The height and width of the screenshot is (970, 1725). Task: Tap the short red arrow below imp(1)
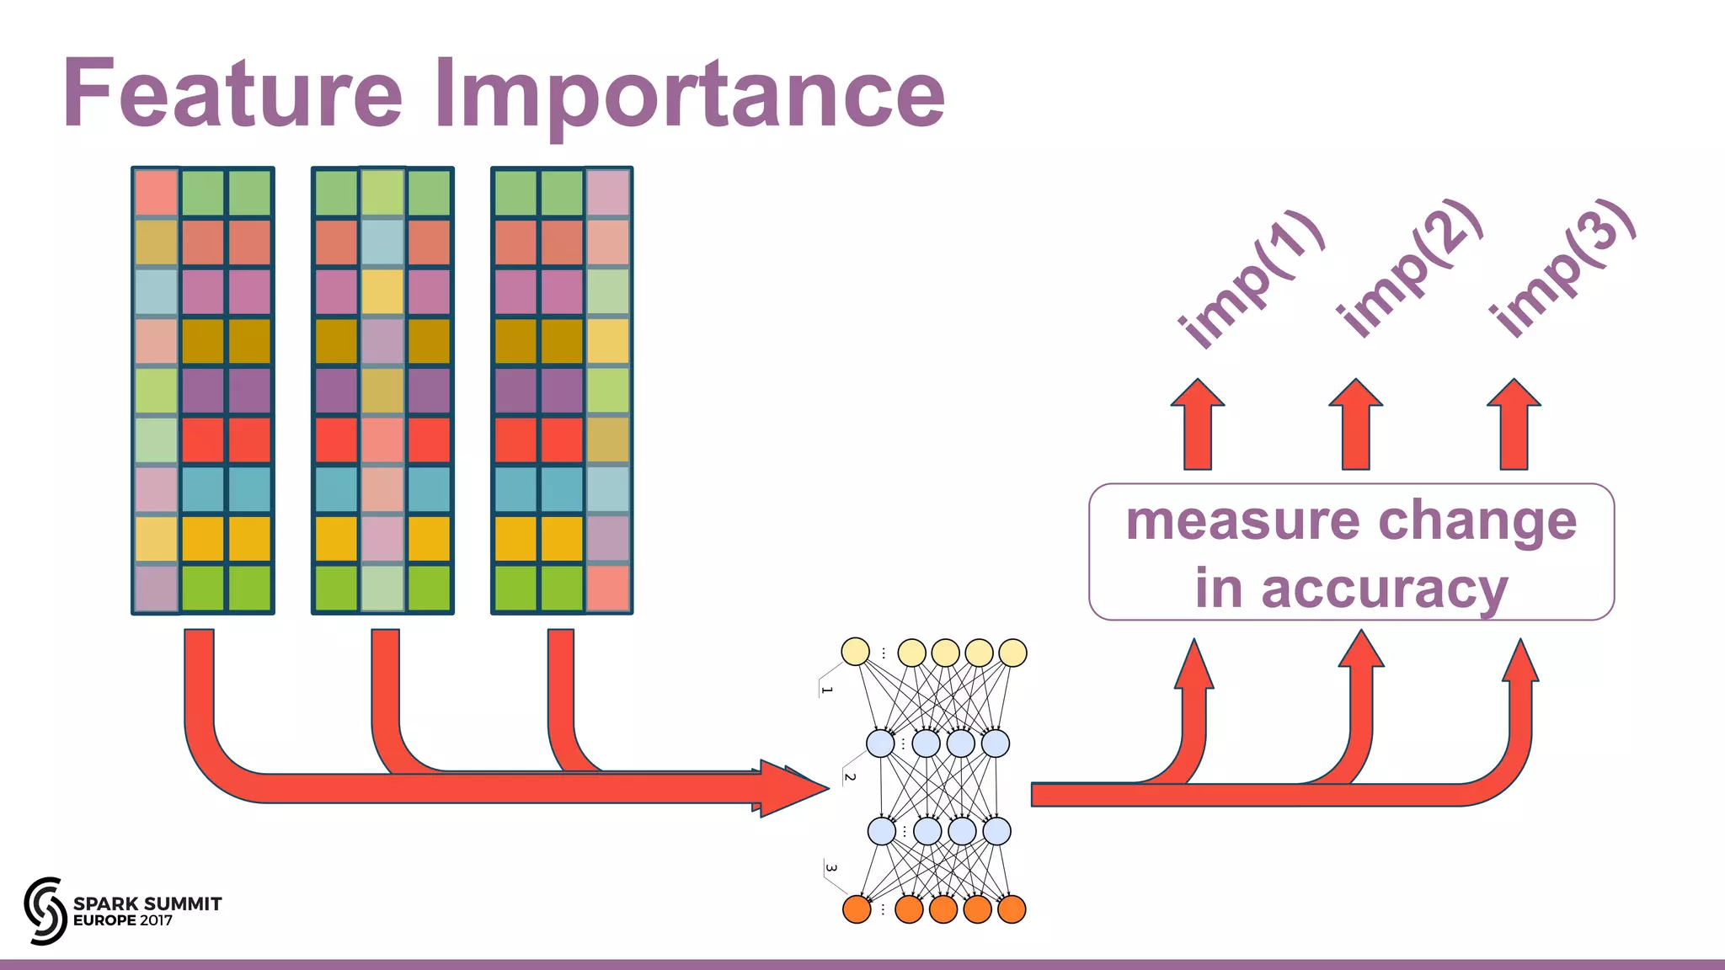(x=1197, y=424)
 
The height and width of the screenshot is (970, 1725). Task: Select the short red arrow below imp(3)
(x=1514, y=424)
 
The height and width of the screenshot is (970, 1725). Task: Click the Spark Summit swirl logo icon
(x=45, y=910)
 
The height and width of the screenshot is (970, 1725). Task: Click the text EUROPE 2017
(x=123, y=920)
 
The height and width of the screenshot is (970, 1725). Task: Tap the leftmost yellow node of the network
(x=855, y=651)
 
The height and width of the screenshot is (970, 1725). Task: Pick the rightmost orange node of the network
(x=1011, y=909)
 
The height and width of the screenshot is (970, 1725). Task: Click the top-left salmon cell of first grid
(x=157, y=193)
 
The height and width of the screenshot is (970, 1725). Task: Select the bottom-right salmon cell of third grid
(x=607, y=588)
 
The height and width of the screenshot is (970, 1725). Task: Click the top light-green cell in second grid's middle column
(x=382, y=193)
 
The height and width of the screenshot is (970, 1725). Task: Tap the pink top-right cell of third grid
(x=607, y=193)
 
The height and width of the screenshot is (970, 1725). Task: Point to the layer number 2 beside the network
(x=850, y=777)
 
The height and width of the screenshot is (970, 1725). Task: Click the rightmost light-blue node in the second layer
(x=995, y=743)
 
